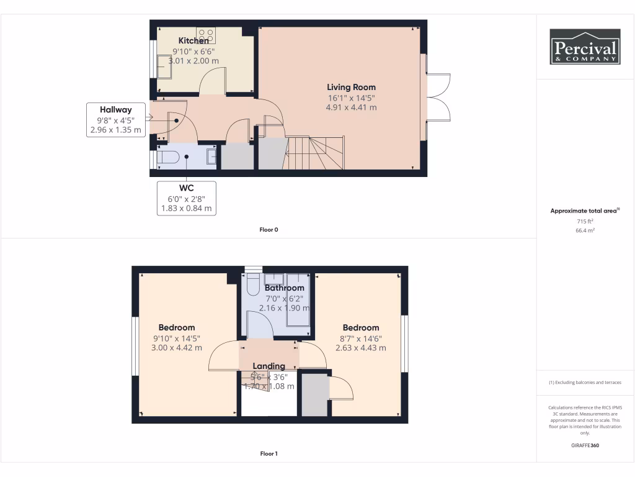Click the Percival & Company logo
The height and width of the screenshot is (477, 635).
tap(585, 47)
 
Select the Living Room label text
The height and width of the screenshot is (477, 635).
tap(351, 87)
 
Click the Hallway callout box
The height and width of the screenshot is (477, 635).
tap(116, 120)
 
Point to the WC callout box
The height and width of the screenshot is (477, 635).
tap(185, 198)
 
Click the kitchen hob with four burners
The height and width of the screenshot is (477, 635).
tap(206, 34)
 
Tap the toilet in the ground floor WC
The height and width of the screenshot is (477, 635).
tap(167, 157)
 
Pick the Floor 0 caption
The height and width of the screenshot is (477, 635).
tap(269, 230)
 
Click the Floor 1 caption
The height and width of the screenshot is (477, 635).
tap(269, 454)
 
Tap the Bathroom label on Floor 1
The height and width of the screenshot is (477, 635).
tap(285, 288)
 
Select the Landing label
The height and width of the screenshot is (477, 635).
tap(269, 366)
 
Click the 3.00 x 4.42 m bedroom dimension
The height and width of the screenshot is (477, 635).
tap(177, 348)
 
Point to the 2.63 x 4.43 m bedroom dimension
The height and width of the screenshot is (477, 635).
tap(361, 348)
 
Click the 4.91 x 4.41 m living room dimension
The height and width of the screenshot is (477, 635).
tap(351, 107)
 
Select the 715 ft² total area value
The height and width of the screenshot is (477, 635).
tap(585, 221)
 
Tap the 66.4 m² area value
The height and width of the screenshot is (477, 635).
tap(585, 230)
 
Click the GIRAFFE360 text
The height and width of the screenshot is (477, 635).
tap(585, 445)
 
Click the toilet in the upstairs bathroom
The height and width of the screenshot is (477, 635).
tap(253, 286)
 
